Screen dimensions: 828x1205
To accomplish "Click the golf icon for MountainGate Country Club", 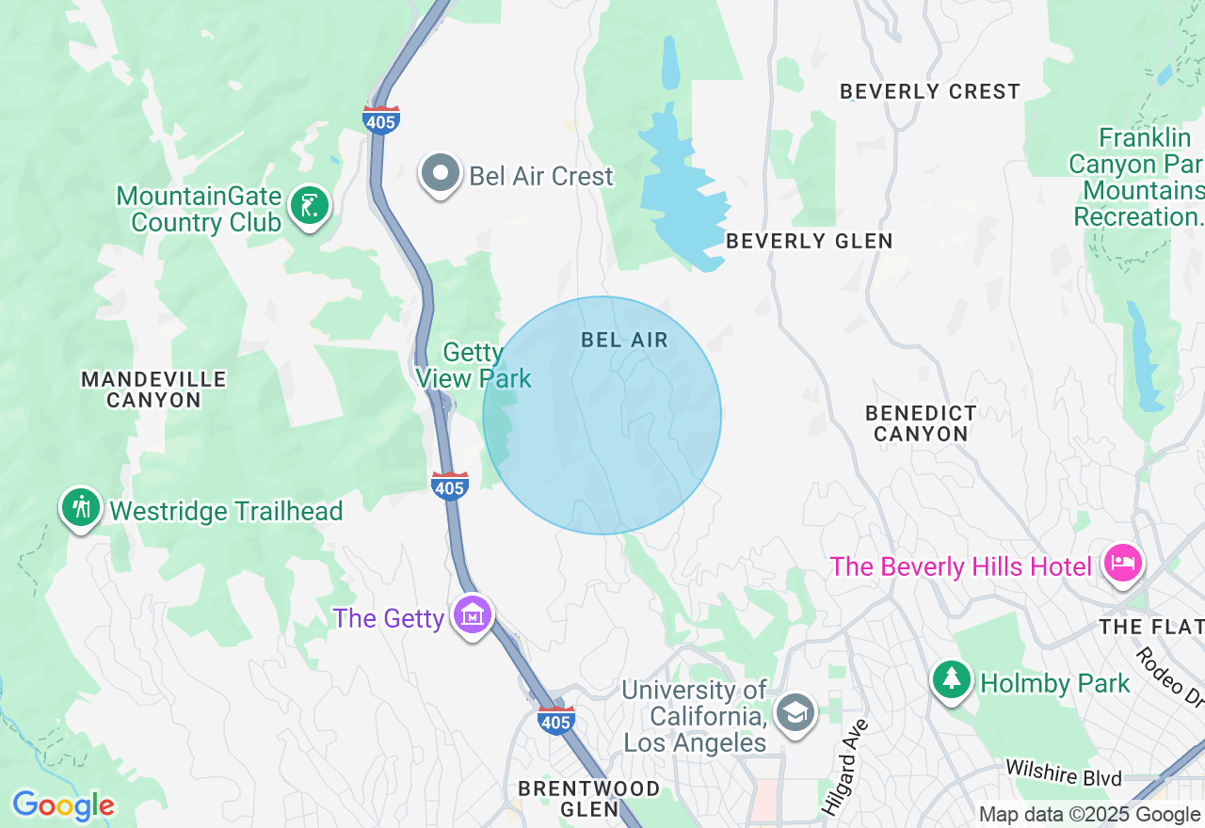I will pyautogui.click(x=309, y=206).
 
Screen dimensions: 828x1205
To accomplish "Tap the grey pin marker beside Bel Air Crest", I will pyautogui.click(x=440, y=174).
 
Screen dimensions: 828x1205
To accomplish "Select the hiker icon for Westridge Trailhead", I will pyautogui.click(x=81, y=508).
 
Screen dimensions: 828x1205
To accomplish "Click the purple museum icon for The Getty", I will pyautogui.click(x=473, y=615).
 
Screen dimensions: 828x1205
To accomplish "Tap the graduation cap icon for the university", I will pyautogui.click(x=795, y=712).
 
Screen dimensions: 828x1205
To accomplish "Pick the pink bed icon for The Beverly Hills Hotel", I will pyautogui.click(x=1122, y=564).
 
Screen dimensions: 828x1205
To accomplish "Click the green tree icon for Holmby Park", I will pyautogui.click(x=952, y=679).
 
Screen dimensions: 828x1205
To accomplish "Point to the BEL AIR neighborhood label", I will pyautogui.click(x=624, y=341).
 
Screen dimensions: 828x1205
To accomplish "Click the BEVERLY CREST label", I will pyautogui.click(x=929, y=92).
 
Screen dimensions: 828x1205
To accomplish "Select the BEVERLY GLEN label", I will pyautogui.click(x=809, y=242).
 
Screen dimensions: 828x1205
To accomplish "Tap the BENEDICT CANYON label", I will pyautogui.click(x=921, y=423).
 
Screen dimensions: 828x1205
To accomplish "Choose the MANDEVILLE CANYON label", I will pyautogui.click(x=153, y=390).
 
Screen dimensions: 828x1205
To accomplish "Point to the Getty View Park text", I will pyautogui.click(x=474, y=366).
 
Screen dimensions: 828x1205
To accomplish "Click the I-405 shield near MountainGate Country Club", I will pyautogui.click(x=381, y=119).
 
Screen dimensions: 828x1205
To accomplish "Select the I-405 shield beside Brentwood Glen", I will pyautogui.click(x=555, y=721).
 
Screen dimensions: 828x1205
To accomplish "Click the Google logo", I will pyautogui.click(x=63, y=805).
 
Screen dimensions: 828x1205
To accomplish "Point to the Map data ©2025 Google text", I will pyautogui.click(x=1089, y=815).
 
